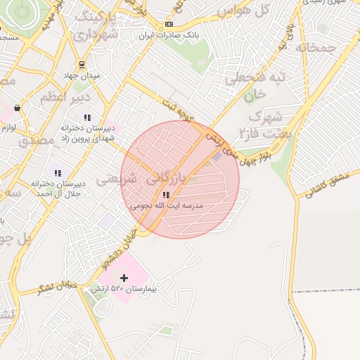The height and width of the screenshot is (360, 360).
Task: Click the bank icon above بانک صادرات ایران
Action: pyautogui.click(x=168, y=24)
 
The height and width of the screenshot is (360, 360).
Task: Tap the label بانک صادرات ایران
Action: pyautogui.click(x=168, y=34)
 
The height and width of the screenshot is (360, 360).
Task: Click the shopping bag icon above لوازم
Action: pyautogui.click(x=16, y=108)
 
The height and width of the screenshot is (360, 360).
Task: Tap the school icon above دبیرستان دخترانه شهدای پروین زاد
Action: pyautogui.click(x=87, y=117)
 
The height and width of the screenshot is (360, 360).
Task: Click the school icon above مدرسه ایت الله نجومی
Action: pyautogui.click(x=166, y=195)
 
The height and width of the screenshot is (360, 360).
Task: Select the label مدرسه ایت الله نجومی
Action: pyautogui.click(x=167, y=206)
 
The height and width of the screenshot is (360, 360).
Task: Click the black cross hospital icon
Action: pyautogui.click(x=124, y=278)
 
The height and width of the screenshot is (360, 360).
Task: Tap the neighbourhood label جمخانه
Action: pyautogui.click(x=312, y=48)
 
